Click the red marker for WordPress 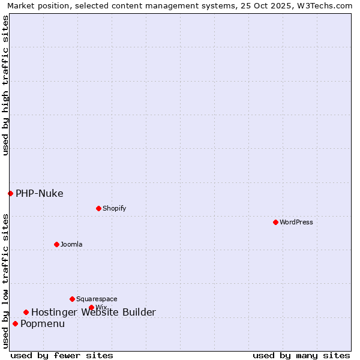click(x=275, y=222)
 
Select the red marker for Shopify click(x=98, y=208)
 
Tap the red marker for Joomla click(x=56, y=244)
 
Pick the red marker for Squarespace click(x=72, y=299)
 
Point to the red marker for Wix click(x=91, y=307)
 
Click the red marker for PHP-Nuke click(x=10, y=193)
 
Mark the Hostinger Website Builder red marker click(x=26, y=312)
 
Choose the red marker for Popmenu click(x=15, y=323)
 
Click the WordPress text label click(x=296, y=222)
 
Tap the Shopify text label click(x=114, y=208)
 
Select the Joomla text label click(x=71, y=244)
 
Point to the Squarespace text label click(x=97, y=299)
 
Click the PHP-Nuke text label click(x=39, y=193)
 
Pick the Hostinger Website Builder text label click(x=93, y=312)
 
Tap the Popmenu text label click(x=42, y=323)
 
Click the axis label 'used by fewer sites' click(x=62, y=355)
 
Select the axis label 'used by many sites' click(x=301, y=355)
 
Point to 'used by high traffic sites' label click(x=6, y=86)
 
